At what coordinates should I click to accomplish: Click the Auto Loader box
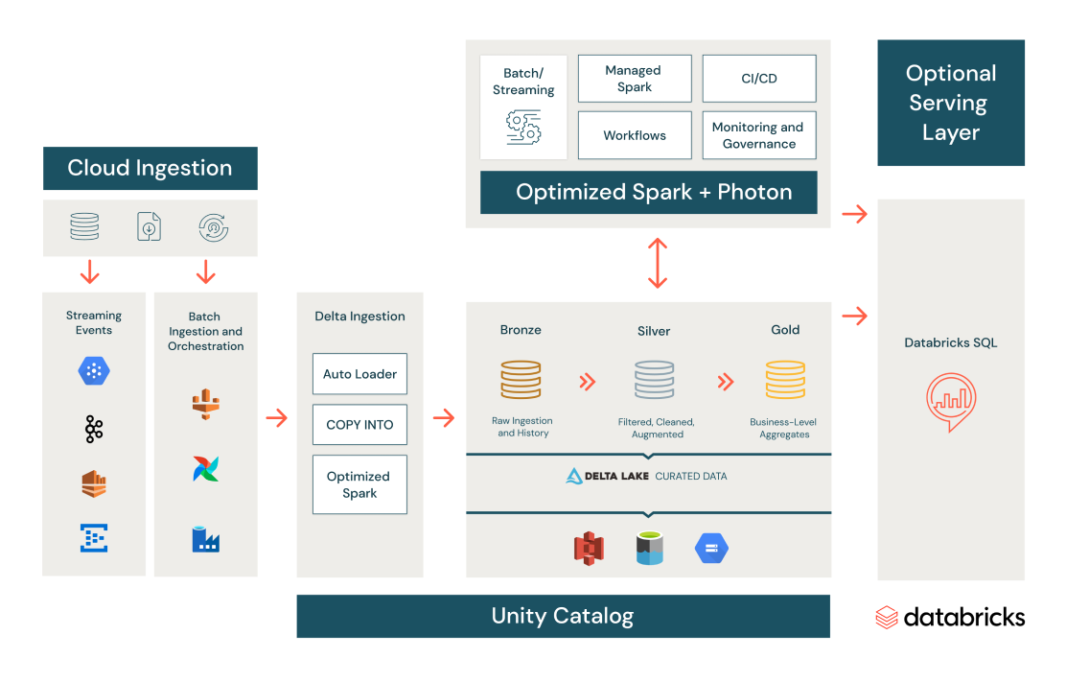pos(359,374)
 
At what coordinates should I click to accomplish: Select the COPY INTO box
pos(359,424)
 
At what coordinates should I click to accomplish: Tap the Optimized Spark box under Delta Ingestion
pos(359,484)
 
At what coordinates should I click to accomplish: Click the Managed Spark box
pos(635,79)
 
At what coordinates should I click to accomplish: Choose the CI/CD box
pos(759,79)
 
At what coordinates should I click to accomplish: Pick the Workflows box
pos(635,135)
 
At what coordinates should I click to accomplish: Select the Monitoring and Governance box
pos(759,135)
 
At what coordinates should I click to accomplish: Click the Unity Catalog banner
pos(563,616)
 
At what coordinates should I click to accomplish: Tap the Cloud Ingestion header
pos(151,168)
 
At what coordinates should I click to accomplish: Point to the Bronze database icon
pos(521,379)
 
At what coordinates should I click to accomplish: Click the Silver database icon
pos(654,379)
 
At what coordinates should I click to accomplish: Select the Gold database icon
pos(785,379)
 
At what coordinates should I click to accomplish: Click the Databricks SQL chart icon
pos(951,402)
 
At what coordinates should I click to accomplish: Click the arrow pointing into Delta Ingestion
pos(276,418)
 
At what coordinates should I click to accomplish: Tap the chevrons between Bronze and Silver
pos(588,382)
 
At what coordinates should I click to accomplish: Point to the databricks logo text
pos(963,617)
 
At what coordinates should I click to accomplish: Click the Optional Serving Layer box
pos(951,103)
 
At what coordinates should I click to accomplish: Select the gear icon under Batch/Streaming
pos(523,127)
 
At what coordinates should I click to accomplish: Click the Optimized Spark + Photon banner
pos(654,192)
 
